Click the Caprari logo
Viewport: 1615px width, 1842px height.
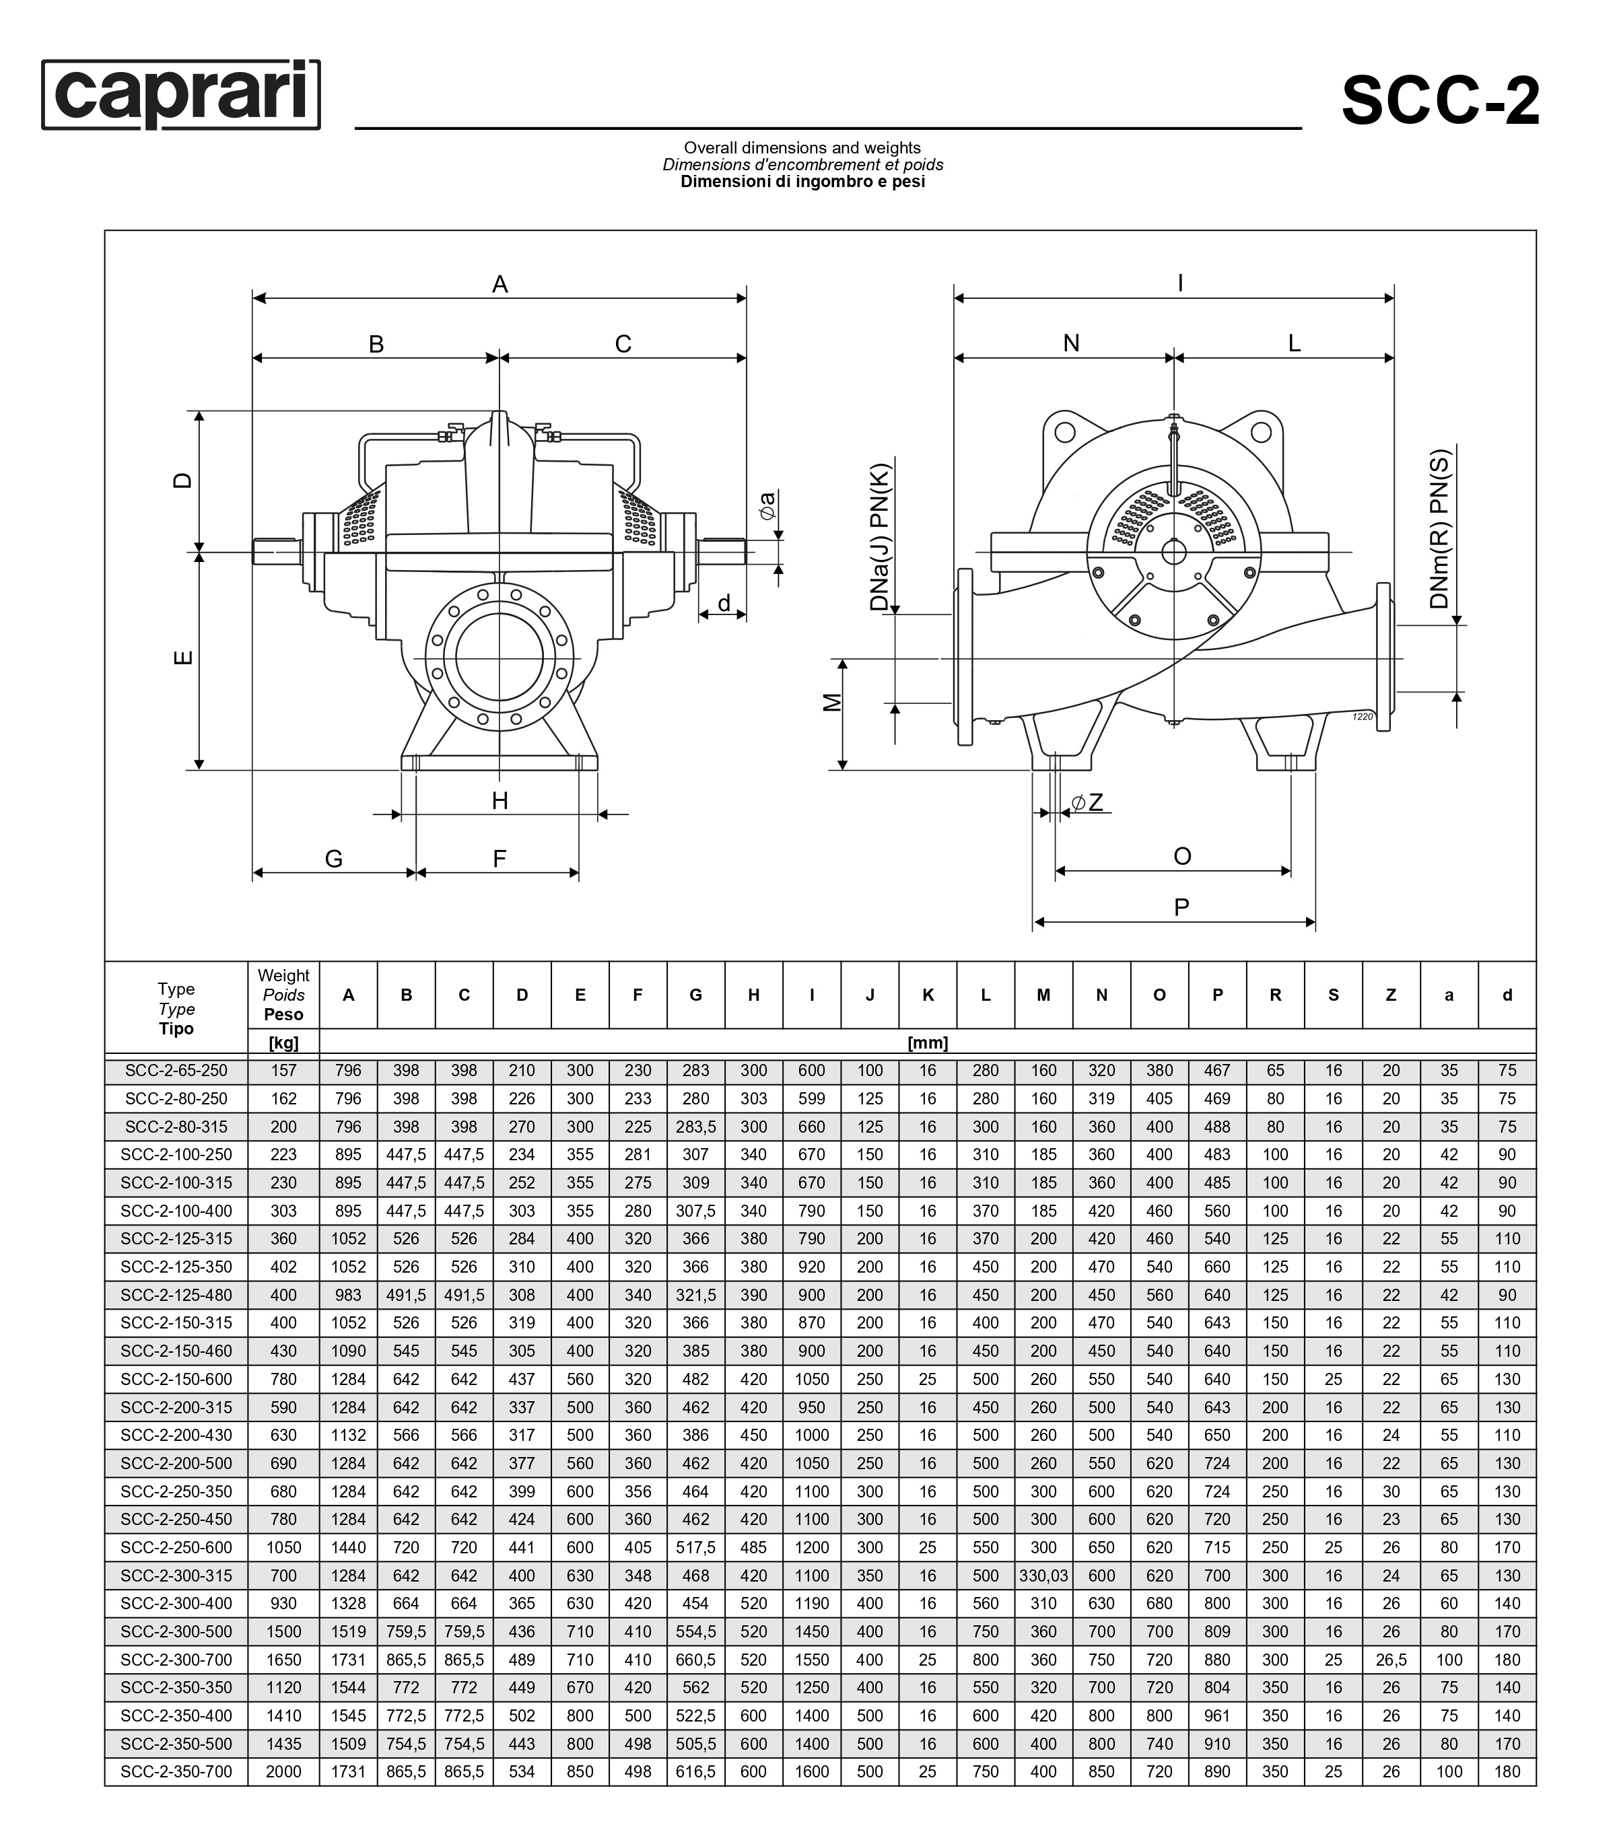181,95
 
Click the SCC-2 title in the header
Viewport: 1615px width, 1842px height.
1440,101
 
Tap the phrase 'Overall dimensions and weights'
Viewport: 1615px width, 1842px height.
802,147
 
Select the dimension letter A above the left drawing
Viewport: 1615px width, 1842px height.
500,285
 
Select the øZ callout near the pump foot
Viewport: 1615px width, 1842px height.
1087,802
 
